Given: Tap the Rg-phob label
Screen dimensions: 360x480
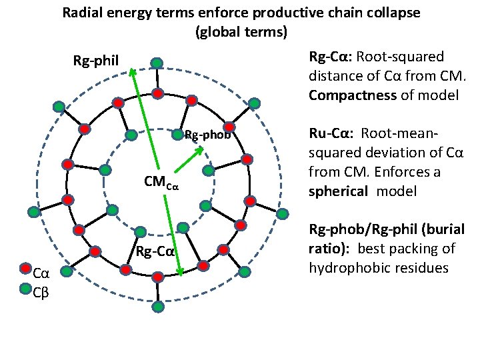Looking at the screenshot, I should tap(207, 135).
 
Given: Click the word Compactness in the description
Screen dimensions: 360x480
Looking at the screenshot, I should tap(353, 95).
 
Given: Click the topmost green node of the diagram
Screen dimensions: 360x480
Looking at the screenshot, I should tap(156, 63).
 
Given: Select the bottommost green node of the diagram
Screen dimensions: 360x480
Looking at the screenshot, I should tap(157, 307).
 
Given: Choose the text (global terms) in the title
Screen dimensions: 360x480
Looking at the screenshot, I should tap(241, 31).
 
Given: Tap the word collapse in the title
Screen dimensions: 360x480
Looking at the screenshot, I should tap(396, 13).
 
